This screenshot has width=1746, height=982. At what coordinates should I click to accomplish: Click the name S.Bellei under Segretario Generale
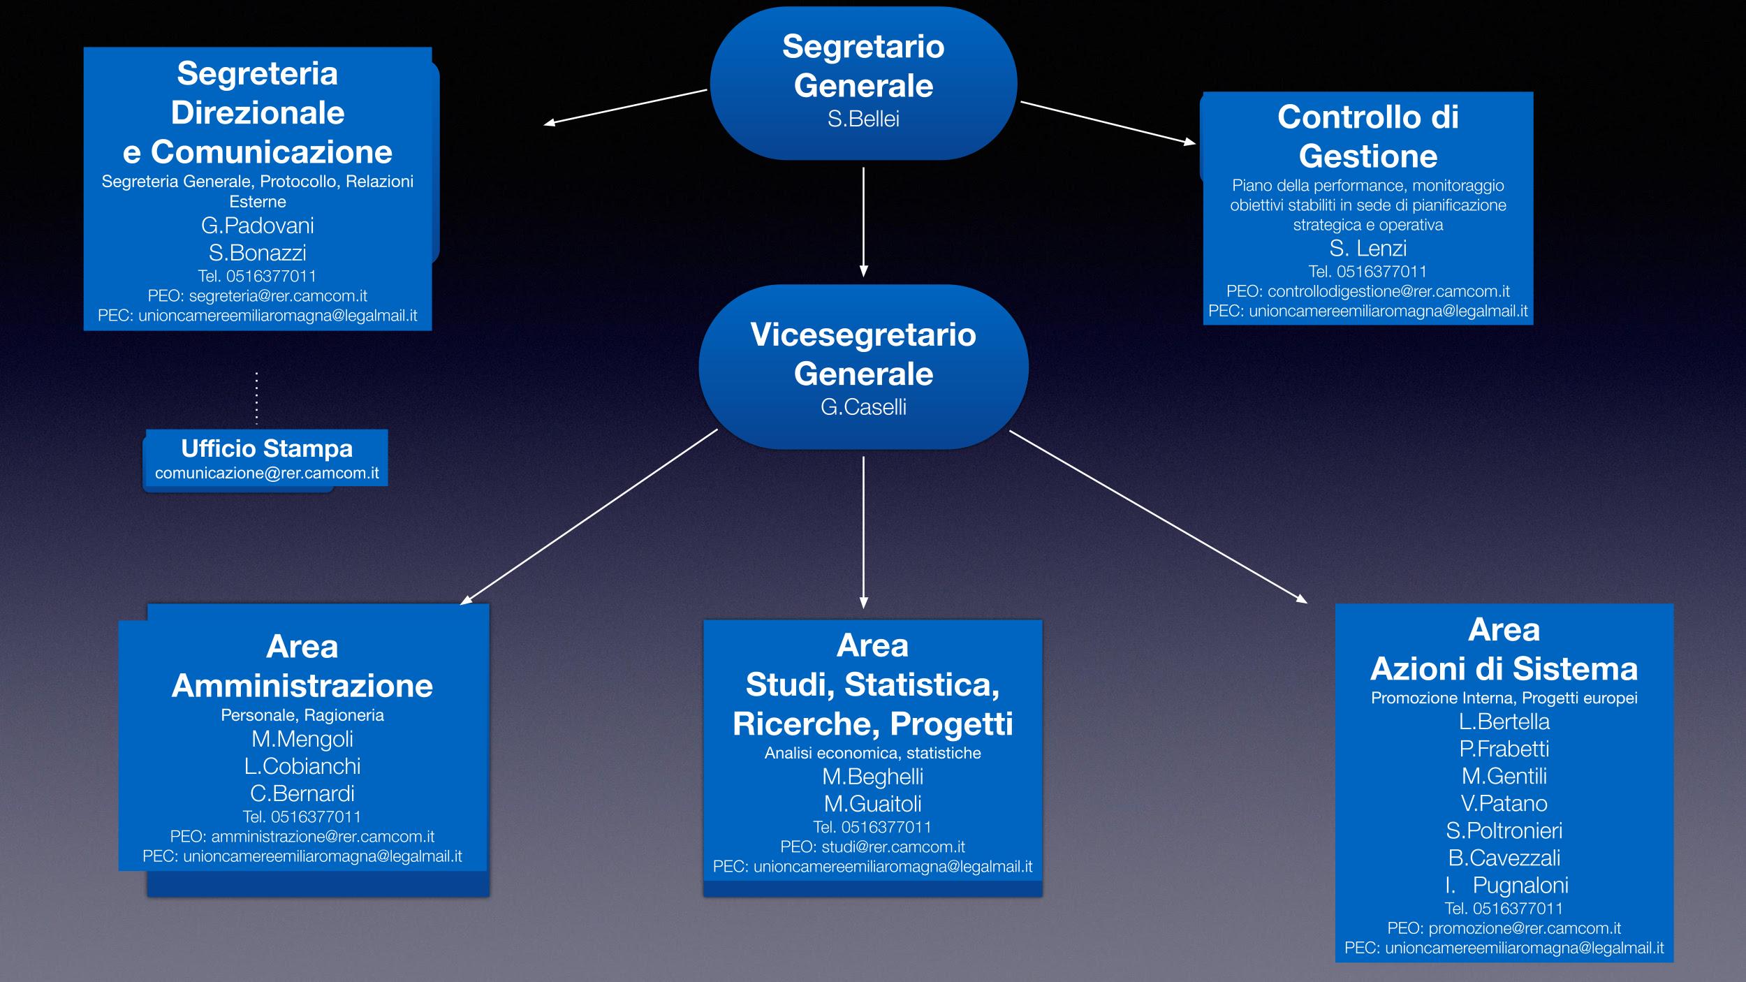tap(863, 119)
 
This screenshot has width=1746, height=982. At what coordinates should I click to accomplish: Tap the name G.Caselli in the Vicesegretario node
tap(863, 406)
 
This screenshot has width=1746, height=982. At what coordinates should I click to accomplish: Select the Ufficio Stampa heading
tap(267, 448)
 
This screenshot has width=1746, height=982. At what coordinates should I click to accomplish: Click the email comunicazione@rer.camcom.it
tap(267, 473)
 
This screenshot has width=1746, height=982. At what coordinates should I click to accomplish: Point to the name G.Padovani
tap(258, 225)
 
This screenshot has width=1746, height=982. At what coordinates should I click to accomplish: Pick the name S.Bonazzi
tap(258, 252)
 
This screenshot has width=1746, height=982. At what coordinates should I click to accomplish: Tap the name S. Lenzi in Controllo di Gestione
tap(1368, 248)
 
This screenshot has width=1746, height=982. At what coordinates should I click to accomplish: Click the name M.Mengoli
tap(302, 738)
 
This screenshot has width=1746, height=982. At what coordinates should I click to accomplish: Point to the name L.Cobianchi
tap(302, 765)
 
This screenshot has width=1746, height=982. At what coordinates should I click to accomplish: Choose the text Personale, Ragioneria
tap(302, 715)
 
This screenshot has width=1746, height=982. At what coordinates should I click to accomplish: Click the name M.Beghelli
tap(872, 776)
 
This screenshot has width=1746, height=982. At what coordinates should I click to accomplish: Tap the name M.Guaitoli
tap(872, 803)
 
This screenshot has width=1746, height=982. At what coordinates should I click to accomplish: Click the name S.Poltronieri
tap(1504, 830)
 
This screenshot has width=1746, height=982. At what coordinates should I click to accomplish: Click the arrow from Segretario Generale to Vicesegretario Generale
tap(863, 222)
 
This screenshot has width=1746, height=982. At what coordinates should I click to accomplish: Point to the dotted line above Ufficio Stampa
tap(256, 398)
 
